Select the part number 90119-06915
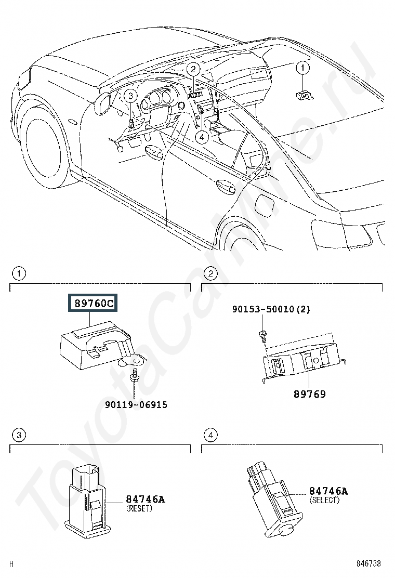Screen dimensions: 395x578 (136, 405)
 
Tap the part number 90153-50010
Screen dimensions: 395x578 (264, 309)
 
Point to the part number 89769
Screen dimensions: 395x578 (310, 394)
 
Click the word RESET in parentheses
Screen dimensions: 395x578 (139, 508)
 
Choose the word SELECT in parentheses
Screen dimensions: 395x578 (324, 500)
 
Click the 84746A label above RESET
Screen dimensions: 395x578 (146, 499)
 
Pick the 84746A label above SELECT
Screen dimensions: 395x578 (328, 491)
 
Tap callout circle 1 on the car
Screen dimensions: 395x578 (303, 68)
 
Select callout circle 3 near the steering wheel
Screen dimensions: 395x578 (130, 96)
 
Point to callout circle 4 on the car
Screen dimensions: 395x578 (202, 137)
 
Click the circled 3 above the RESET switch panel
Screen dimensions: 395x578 (19, 435)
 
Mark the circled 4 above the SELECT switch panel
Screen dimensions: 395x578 (210, 435)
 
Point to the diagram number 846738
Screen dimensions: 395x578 (368, 563)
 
